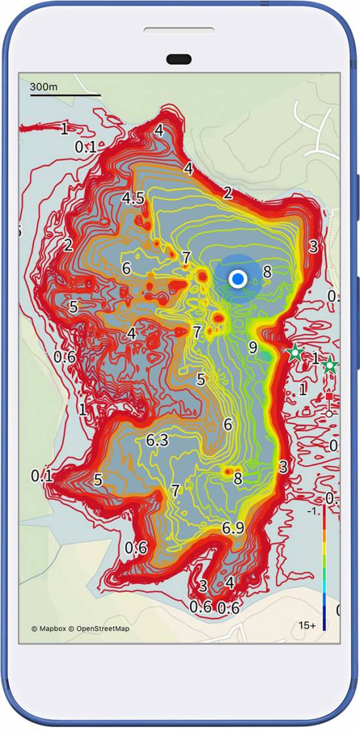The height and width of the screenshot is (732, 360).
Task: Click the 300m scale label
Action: point(44,87)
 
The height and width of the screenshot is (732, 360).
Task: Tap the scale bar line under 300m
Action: point(65,96)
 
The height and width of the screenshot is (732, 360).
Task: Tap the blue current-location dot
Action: point(238,279)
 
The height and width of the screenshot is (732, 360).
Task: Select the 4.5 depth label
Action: point(133,199)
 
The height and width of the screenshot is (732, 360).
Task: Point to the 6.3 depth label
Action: point(157,441)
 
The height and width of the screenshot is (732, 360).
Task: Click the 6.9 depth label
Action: point(234,527)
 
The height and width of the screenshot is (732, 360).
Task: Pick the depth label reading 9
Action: point(253,347)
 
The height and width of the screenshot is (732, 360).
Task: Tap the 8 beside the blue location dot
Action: point(267,271)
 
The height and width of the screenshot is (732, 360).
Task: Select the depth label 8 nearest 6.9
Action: point(238,479)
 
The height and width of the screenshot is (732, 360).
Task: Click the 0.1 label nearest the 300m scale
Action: point(86,147)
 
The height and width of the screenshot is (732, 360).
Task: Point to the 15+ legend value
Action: point(308,625)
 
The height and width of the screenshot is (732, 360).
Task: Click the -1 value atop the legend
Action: point(312,510)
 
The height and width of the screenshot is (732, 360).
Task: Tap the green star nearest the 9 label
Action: point(295,353)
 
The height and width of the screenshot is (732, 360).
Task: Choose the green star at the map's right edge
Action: point(330,366)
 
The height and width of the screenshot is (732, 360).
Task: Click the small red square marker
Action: point(329,396)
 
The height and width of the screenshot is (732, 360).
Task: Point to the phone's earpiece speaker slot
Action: point(179,31)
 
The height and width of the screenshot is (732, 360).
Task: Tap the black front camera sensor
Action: point(179,60)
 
